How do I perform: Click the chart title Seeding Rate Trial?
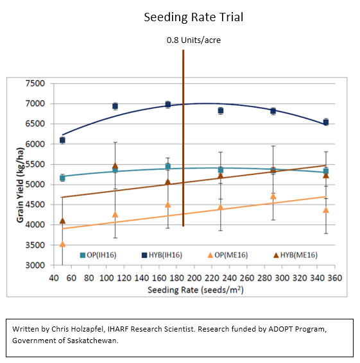[194, 17]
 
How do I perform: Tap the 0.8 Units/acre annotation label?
[194, 40]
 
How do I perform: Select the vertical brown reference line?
[184, 138]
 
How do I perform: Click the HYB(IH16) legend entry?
[162, 255]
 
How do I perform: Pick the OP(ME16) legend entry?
[228, 255]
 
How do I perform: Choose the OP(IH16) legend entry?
[98, 255]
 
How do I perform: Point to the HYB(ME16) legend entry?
[295, 255]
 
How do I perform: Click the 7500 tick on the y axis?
[35, 83]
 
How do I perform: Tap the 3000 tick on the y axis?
[35, 265]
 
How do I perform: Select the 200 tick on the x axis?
[194, 278]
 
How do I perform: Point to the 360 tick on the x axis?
[335, 278]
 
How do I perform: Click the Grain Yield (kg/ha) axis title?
[20, 185]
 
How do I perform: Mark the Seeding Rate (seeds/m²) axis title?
[196, 290]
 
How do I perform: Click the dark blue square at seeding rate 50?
[62, 140]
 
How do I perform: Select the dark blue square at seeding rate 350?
[326, 122]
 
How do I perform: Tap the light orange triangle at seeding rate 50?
[62, 244]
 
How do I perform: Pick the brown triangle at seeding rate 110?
[115, 165]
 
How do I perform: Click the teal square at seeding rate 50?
[62, 178]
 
